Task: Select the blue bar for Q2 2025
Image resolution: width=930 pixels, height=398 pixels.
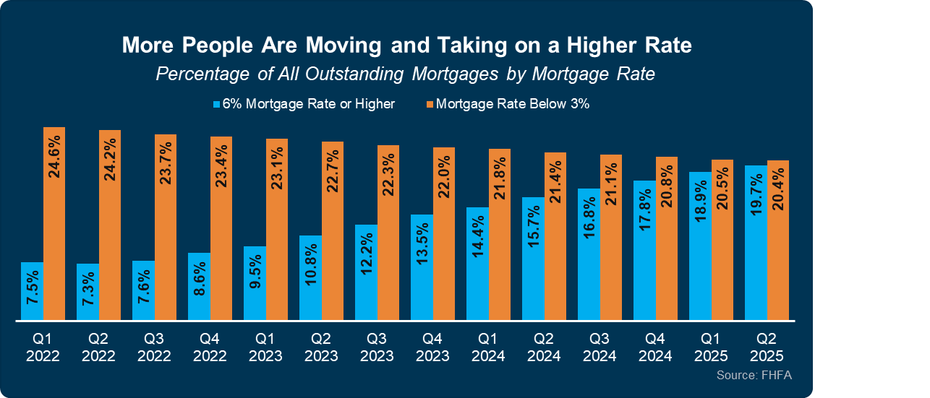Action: tap(756, 243)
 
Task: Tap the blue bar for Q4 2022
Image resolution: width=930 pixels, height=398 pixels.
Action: tap(199, 286)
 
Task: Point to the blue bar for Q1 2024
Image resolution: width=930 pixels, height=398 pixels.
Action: tap(477, 264)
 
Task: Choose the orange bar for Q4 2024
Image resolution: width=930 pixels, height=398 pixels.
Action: tap(667, 238)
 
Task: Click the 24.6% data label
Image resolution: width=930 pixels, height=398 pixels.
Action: tap(54, 155)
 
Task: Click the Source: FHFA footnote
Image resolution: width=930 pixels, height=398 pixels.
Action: tap(754, 376)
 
